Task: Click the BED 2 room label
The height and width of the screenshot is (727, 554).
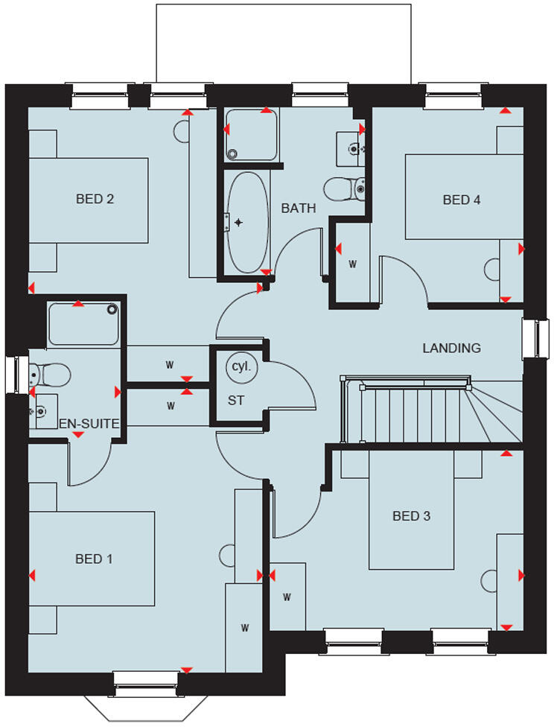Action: pos(95,199)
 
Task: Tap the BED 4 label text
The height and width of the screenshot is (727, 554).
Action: pos(462,200)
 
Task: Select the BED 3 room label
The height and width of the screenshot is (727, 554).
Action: pos(412,515)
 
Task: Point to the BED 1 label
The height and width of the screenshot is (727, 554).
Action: pos(94,559)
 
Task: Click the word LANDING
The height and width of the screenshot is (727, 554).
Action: pos(451,348)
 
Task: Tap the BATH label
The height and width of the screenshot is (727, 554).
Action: pos(298,209)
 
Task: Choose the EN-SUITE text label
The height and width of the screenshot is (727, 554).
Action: pos(89,423)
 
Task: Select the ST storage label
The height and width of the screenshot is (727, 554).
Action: pos(236,400)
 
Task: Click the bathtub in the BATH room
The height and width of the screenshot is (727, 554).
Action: pos(247,222)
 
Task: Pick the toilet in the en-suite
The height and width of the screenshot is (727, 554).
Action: pos(50,372)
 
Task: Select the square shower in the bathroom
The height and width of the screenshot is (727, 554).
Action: pos(251,134)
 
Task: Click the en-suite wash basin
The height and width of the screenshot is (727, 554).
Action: pos(44,410)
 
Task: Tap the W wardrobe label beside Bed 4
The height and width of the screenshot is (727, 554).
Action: pos(352,264)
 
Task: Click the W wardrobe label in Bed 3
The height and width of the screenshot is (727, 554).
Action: pos(287,597)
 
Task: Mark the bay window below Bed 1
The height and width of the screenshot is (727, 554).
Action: pos(147,700)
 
